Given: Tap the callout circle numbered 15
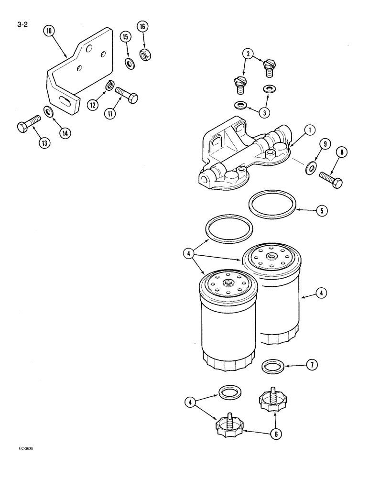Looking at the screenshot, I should pos(125,37).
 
